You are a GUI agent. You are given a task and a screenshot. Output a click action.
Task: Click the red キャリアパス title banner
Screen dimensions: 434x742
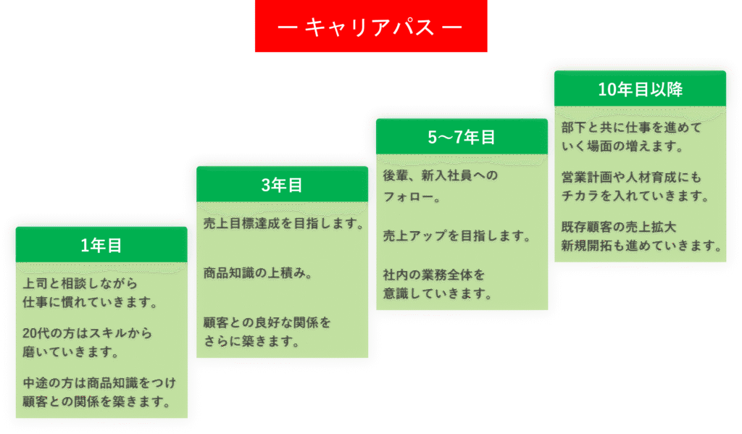(x=370, y=27)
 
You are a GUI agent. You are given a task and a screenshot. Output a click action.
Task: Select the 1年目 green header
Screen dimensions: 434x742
(x=101, y=246)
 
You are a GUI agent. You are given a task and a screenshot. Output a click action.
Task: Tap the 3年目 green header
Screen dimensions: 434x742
(x=282, y=185)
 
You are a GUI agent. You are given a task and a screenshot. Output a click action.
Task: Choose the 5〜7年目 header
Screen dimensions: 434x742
(x=462, y=138)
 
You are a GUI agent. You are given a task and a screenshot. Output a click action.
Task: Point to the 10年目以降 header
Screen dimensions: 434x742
(x=640, y=89)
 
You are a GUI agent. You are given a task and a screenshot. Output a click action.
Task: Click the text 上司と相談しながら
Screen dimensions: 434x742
(x=80, y=284)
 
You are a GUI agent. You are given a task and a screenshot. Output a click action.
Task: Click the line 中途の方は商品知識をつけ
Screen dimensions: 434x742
(x=100, y=383)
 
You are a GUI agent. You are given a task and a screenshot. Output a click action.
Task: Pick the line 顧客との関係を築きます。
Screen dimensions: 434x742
(x=97, y=401)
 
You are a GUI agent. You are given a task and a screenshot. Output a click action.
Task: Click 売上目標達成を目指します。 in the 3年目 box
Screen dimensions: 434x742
(x=283, y=224)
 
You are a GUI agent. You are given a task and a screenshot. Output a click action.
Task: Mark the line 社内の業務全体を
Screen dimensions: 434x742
(x=433, y=275)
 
